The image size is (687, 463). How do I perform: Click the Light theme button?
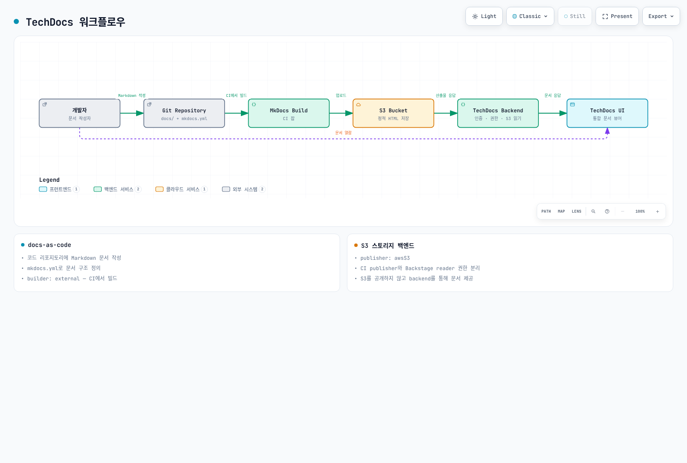[x=484, y=16]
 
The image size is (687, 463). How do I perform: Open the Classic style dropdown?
[x=530, y=16]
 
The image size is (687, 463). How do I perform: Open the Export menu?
[x=661, y=16]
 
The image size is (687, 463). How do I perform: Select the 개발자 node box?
[x=79, y=113]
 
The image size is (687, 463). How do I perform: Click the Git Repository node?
[x=184, y=113]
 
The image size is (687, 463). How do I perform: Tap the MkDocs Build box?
[x=289, y=113]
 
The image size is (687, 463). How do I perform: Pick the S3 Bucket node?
[x=393, y=113]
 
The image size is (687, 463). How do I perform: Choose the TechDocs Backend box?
[x=498, y=113]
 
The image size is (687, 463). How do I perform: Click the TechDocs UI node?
[x=607, y=113]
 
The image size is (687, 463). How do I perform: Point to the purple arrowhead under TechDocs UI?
[x=607, y=131]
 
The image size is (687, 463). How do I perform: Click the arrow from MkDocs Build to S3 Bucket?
[x=341, y=113]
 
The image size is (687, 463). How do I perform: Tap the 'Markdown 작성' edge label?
[x=132, y=96]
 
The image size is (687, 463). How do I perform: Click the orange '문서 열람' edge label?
[x=343, y=132]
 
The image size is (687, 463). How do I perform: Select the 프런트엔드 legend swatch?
[x=43, y=189]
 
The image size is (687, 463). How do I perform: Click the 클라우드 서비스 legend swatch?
[x=159, y=189]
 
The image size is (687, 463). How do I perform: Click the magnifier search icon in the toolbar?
[x=593, y=211]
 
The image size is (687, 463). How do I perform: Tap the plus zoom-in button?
[x=657, y=211]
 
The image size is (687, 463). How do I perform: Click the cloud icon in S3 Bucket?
[x=358, y=105]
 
